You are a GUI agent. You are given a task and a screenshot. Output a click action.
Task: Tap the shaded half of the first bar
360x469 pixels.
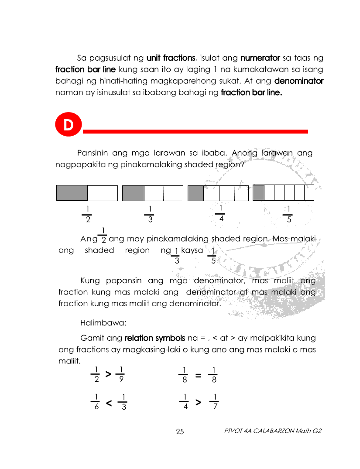point(72,193)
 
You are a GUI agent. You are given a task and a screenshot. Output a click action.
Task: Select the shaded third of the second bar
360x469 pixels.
point(133,193)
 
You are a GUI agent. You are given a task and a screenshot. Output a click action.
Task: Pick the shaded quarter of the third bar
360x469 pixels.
point(195,193)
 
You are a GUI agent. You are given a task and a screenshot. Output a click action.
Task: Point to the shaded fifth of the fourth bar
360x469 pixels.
point(259,192)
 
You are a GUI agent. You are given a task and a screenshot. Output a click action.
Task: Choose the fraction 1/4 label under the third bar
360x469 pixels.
point(221,213)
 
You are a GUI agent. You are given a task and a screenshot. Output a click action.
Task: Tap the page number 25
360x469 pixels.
point(180,432)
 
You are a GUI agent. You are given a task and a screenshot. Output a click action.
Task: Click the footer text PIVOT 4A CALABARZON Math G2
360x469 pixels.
point(273,431)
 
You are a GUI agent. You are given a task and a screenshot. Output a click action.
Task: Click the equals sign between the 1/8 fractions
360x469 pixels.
point(198,375)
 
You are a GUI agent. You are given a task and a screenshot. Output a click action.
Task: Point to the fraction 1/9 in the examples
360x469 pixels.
point(120,375)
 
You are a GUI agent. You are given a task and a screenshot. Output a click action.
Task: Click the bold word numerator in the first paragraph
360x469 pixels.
point(260,58)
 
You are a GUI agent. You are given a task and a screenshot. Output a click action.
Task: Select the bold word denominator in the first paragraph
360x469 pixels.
point(299,81)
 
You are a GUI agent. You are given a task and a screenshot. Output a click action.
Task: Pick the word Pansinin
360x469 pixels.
point(93,153)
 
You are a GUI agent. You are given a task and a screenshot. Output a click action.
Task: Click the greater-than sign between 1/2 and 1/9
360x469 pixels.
point(108,374)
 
